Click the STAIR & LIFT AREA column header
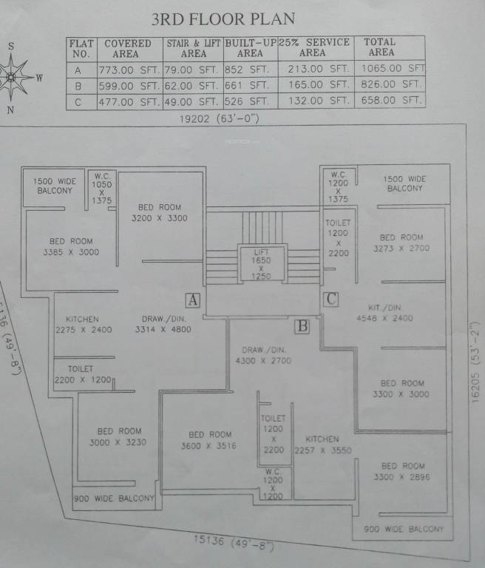(x=194, y=48)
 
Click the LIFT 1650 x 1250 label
(x=261, y=264)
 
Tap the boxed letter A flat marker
(x=192, y=300)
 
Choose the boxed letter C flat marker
(x=331, y=299)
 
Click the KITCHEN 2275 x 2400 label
(x=83, y=325)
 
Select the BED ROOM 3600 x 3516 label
(x=210, y=440)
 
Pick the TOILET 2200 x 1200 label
(x=82, y=373)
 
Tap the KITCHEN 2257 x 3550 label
(x=322, y=444)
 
